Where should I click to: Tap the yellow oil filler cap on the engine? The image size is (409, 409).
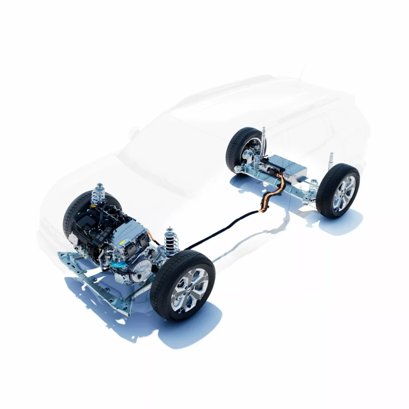pos(93,206)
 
